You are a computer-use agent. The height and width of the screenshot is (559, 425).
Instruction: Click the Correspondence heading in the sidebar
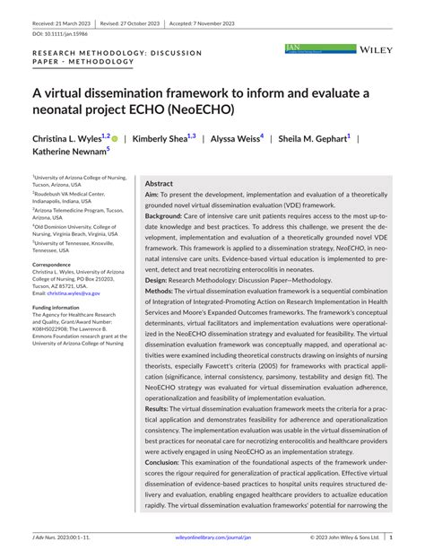pyautogui.click(x=51, y=265)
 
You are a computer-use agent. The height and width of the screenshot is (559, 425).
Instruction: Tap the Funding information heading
pyautogui.click(x=56, y=307)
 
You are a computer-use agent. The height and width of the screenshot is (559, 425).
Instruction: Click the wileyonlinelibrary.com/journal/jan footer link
pyautogui.click(x=212, y=538)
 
